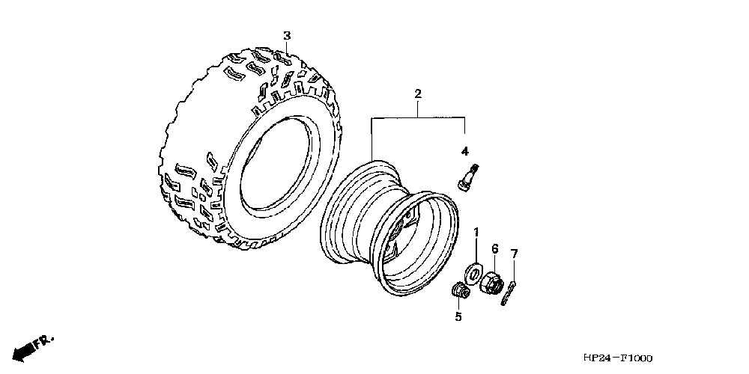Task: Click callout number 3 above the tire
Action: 287,36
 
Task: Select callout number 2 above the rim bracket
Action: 418,94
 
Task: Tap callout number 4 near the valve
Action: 465,152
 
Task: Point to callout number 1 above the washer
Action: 476,233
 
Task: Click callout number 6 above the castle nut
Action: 495,248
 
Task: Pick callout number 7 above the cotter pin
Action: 514,254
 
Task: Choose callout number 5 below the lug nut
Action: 458,316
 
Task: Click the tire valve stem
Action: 469,177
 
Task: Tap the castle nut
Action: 492,282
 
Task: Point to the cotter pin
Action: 509,293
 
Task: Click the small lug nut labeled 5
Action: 458,290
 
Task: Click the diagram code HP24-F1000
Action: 618,358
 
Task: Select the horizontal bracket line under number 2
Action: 419,117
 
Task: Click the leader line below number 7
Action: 514,271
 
